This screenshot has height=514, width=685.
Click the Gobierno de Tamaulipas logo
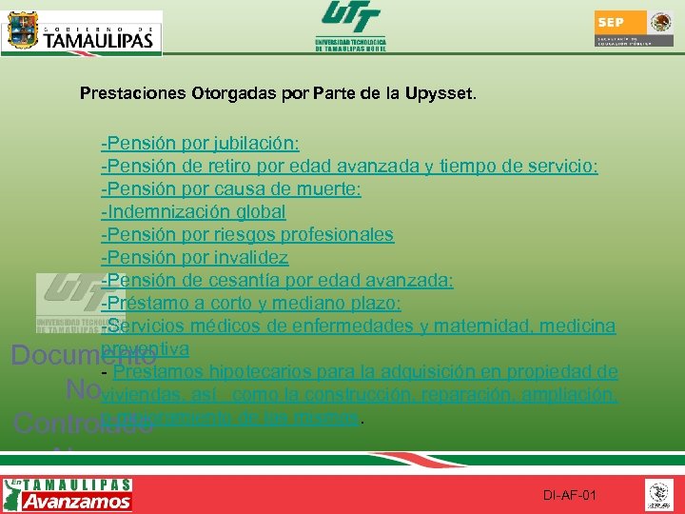83,32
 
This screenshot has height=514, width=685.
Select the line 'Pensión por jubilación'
201,144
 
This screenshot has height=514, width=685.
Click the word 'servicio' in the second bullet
562,167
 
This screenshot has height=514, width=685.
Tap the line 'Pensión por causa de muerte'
231,189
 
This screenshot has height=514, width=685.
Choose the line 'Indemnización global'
194,212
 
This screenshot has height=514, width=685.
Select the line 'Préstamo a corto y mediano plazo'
252,304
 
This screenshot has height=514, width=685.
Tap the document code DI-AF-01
570,496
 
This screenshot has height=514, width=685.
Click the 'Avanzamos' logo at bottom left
68,495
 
